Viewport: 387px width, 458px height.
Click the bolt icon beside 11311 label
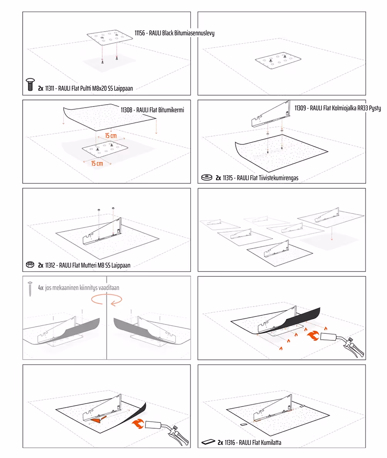pyautogui.click(x=30, y=85)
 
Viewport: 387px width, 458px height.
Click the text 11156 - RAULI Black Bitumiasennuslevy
pyautogui.click(x=174, y=33)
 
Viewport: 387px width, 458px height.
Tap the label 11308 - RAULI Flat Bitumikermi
pyautogui.click(x=152, y=110)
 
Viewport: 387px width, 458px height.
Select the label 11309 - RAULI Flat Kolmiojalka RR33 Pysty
pyautogui.click(x=338, y=108)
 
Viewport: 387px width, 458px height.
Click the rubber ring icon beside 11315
pyautogui.click(x=207, y=177)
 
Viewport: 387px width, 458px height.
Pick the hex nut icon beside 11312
pyautogui.click(x=30, y=265)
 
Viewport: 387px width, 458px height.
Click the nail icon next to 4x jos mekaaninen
pyautogui.click(x=30, y=289)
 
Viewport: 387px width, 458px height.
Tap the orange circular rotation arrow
pyautogui.click(x=106, y=299)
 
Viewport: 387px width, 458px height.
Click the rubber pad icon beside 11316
pyautogui.click(x=208, y=442)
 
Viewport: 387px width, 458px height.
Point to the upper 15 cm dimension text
pyautogui.click(x=111, y=136)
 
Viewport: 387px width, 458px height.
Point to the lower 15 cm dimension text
pyautogui.click(x=97, y=164)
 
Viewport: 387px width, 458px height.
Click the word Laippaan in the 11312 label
pyautogui.click(x=121, y=265)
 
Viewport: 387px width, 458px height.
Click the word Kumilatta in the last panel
pyautogui.click(x=271, y=443)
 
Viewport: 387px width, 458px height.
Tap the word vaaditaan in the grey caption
pyautogui.click(x=109, y=288)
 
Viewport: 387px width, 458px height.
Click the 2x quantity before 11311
pyautogui.click(x=41, y=88)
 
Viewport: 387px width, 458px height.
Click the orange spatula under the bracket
pyautogui.click(x=99, y=420)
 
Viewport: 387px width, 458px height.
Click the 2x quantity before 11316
pyautogui.click(x=220, y=443)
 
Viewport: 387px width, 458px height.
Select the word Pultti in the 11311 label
pyautogui.click(x=85, y=88)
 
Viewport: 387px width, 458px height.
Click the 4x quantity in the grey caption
pyautogui.click(x=41, y=288)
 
